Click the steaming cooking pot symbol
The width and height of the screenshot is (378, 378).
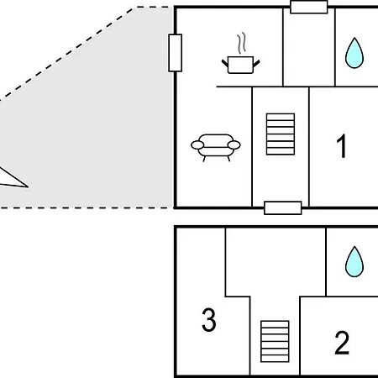(241, 57)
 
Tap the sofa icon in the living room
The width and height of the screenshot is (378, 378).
(216, 147)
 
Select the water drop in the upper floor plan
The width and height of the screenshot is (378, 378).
(354, 53)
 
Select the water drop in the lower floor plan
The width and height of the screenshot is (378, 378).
(354, 262)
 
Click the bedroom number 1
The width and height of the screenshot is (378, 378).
(341, 145)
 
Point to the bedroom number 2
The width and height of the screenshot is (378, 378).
(342, 343)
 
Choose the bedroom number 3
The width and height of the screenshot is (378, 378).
(209, 319)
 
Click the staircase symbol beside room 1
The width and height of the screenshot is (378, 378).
(281, 134)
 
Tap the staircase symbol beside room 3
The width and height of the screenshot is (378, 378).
(275, 341)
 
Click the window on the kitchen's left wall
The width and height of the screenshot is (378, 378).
(176, 53)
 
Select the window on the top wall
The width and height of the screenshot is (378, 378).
(309, 7)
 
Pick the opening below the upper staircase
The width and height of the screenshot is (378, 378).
(283, 208)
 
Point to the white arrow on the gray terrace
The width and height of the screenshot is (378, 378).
(13, 179)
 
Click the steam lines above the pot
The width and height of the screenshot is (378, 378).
(242, 43)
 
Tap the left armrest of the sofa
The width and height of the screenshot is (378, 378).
(197, 145)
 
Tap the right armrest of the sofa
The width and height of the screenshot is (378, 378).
(234, 145)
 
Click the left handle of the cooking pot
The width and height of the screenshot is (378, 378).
(225, 63)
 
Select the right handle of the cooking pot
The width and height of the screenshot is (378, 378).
(256, 63)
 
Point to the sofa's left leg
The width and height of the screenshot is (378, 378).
(204, 159)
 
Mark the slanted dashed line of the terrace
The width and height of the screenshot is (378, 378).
(67, 53)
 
